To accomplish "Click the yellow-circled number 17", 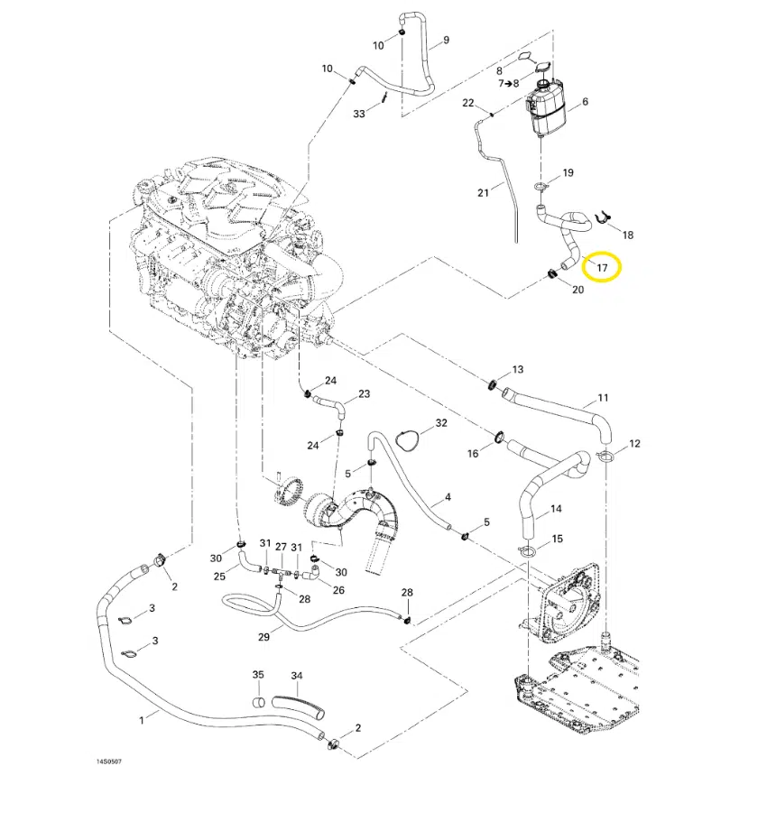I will coord(602,267).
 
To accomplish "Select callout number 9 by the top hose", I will coord(445,41).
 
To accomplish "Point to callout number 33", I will coord(359,114).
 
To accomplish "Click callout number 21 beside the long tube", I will coord(483,192).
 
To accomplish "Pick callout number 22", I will coord(468,103).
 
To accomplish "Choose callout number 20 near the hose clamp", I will coord(578,290).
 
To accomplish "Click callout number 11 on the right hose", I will coord(603,398).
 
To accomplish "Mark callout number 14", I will coord(556,510).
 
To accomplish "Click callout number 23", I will coord(364,394).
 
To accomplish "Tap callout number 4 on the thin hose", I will coord(448,497).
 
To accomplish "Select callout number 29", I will coord(263,637).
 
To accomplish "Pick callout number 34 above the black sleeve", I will coord(297,676).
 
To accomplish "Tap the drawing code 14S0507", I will coord(109,762).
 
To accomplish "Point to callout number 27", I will coord(281,548).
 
